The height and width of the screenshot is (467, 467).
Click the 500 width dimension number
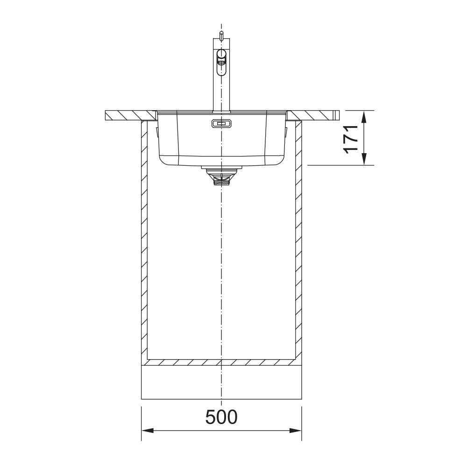[221, 417]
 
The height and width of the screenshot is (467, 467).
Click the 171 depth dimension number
[351, 139]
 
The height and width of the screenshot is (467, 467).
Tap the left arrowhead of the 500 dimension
[148, 431]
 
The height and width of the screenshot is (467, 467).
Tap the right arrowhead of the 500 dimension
[296, 431]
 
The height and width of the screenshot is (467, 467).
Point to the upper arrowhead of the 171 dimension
[364, 117]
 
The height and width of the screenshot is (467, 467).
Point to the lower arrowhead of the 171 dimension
[364, 159]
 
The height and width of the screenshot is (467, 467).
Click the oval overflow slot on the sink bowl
[221, 123]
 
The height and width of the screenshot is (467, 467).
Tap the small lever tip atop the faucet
[221, 35]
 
